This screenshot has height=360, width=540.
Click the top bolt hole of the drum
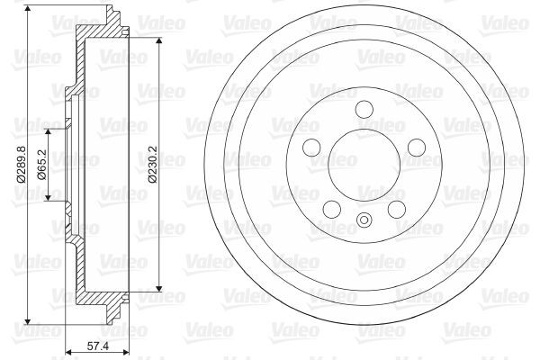pos(364,109)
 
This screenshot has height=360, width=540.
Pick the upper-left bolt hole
pos(311,148)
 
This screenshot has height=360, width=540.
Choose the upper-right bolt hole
pos(418,148)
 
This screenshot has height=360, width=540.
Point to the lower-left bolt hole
pos(331,210)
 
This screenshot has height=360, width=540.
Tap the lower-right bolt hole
pos(398,210)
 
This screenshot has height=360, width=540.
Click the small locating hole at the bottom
pos(364,221)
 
